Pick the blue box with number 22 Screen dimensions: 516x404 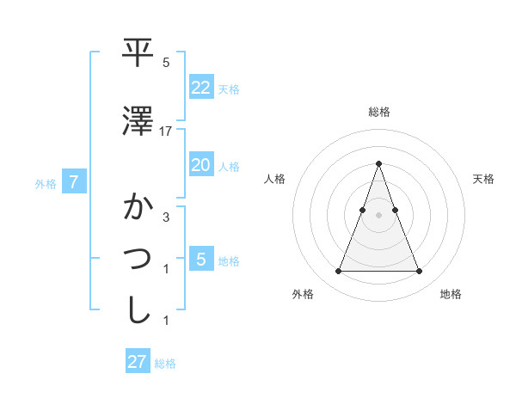click(200, 87)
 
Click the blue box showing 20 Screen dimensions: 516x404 click(200, 165)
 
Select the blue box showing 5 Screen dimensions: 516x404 click(200, 259)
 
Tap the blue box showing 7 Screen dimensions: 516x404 click(74, 182)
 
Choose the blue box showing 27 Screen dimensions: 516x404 click(138, 362)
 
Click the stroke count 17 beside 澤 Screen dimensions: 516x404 click(166, 131)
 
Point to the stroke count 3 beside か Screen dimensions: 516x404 click(166, 217)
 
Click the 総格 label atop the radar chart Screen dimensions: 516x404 click(379, 112)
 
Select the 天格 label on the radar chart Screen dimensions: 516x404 click(484, 179)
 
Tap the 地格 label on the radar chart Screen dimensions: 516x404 click(451, 295)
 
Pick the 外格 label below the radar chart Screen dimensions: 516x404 click(303, 295)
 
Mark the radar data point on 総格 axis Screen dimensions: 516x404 click(378, 163)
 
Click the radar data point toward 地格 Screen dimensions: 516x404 click(419, 272)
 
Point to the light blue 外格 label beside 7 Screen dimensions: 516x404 click(46, 183)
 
